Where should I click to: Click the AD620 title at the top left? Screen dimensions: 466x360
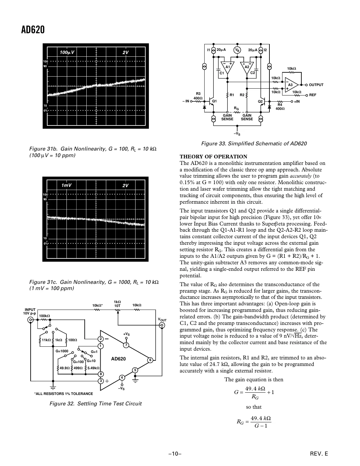tap(33, 30)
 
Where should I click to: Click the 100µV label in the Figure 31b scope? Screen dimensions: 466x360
tap(67, 52)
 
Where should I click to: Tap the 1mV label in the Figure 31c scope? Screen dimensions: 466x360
tap(66, 185)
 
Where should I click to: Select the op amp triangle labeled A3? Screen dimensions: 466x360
tap(291, 85)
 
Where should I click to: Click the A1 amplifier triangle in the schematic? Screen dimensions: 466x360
tap(227, 67)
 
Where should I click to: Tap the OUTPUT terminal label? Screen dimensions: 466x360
tap(316, 85)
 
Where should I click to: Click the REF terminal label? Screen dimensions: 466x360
tap(313, 95)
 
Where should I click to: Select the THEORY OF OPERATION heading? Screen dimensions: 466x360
tap(213, 157)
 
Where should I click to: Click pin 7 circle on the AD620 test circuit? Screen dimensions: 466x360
tap(126, 345)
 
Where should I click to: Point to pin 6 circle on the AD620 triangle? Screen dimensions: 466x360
tap(150, 360)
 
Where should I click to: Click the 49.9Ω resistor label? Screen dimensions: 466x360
tap(64, 368)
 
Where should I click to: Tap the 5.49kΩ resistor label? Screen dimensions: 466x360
tap(93, 368)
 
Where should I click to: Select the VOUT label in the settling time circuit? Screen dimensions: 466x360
tap(162, 320)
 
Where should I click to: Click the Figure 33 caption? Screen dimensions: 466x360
tap(254, 143)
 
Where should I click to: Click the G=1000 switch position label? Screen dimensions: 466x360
tap(62, 351)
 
